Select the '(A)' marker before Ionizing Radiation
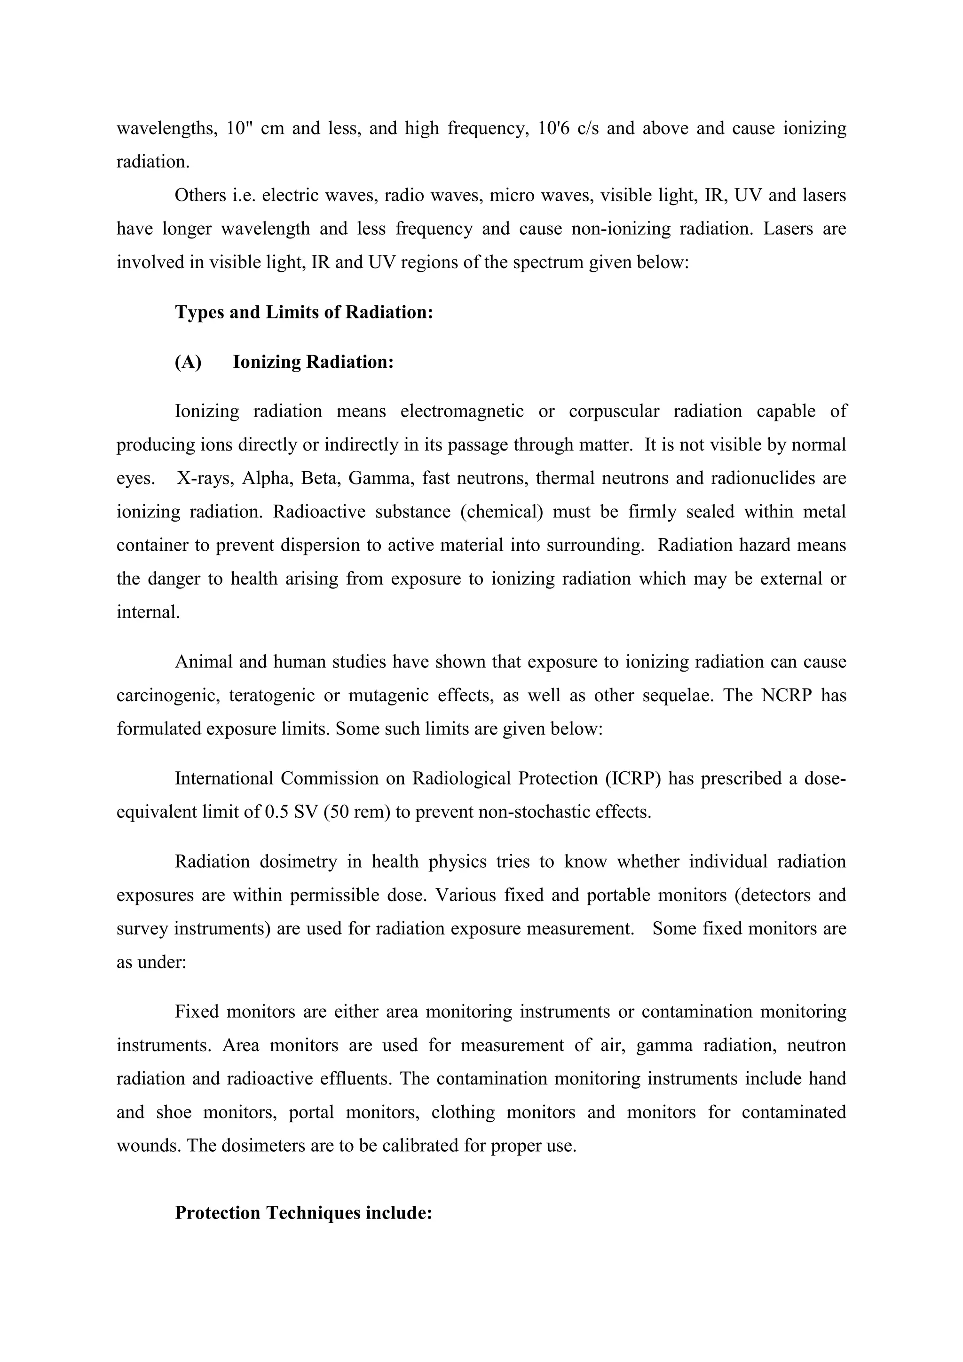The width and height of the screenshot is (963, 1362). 188,362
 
